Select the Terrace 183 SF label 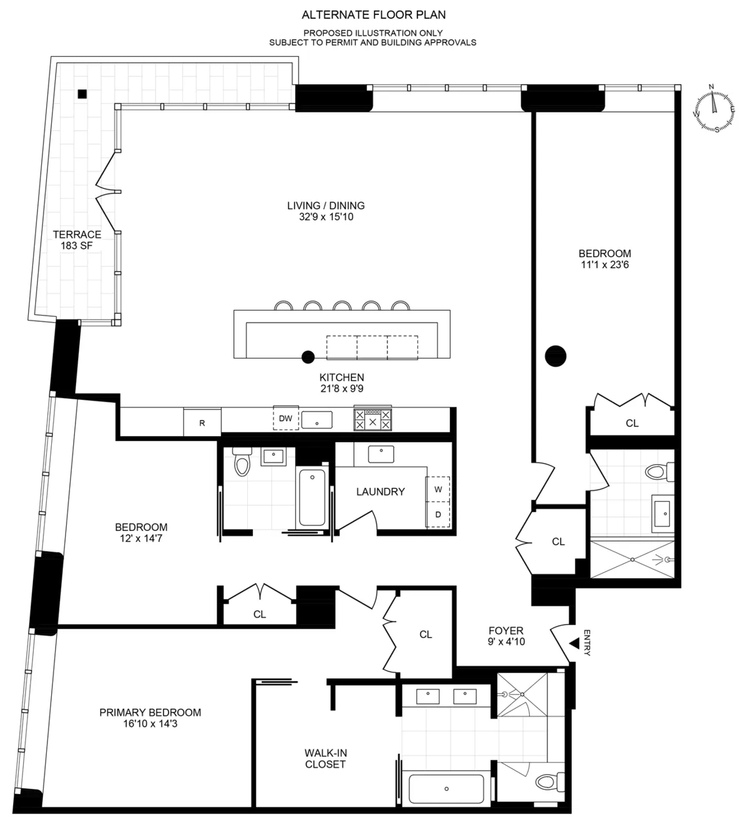click(77, 240)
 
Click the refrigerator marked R click(202, 422)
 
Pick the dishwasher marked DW click(285, 418)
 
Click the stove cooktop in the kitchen click(373, 419)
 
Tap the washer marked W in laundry click(438, 489)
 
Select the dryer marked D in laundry click(438, 515)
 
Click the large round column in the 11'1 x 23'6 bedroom click(556, 356)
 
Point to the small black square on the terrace click(82, 94)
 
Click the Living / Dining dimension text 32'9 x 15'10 click(326, 217)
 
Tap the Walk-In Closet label click(325, 759)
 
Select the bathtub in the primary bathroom click(446, 789)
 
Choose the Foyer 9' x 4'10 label click(506, 636)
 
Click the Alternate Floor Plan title click(373, 14)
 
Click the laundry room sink click(381, 454)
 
